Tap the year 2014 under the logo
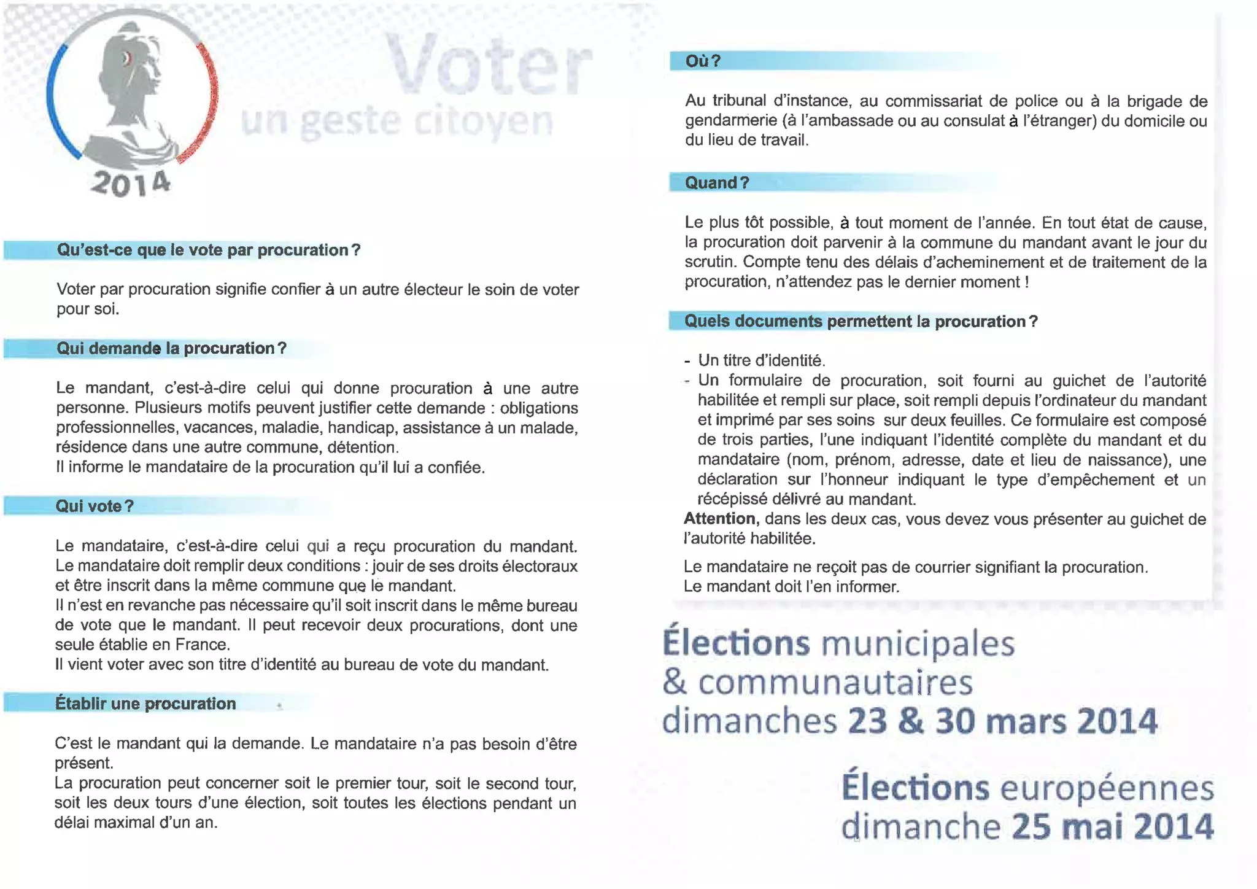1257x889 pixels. click(130, 183)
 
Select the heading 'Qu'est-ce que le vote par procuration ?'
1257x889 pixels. click(208, 250)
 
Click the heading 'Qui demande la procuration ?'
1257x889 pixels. click(171, 348)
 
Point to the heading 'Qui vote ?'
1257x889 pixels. click(95, 506)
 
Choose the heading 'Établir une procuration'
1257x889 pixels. click(145, 703)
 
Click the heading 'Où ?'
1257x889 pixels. click(703, 61)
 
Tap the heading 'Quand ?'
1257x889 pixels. click(717, 182)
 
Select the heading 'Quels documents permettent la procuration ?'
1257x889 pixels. click(861, 321)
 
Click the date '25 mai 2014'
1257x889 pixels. click(1112, 826)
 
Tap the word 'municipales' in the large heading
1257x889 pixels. click(918, 643)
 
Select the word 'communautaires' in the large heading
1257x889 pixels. click(835, 683)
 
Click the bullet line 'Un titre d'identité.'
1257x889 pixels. click(761, 360)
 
